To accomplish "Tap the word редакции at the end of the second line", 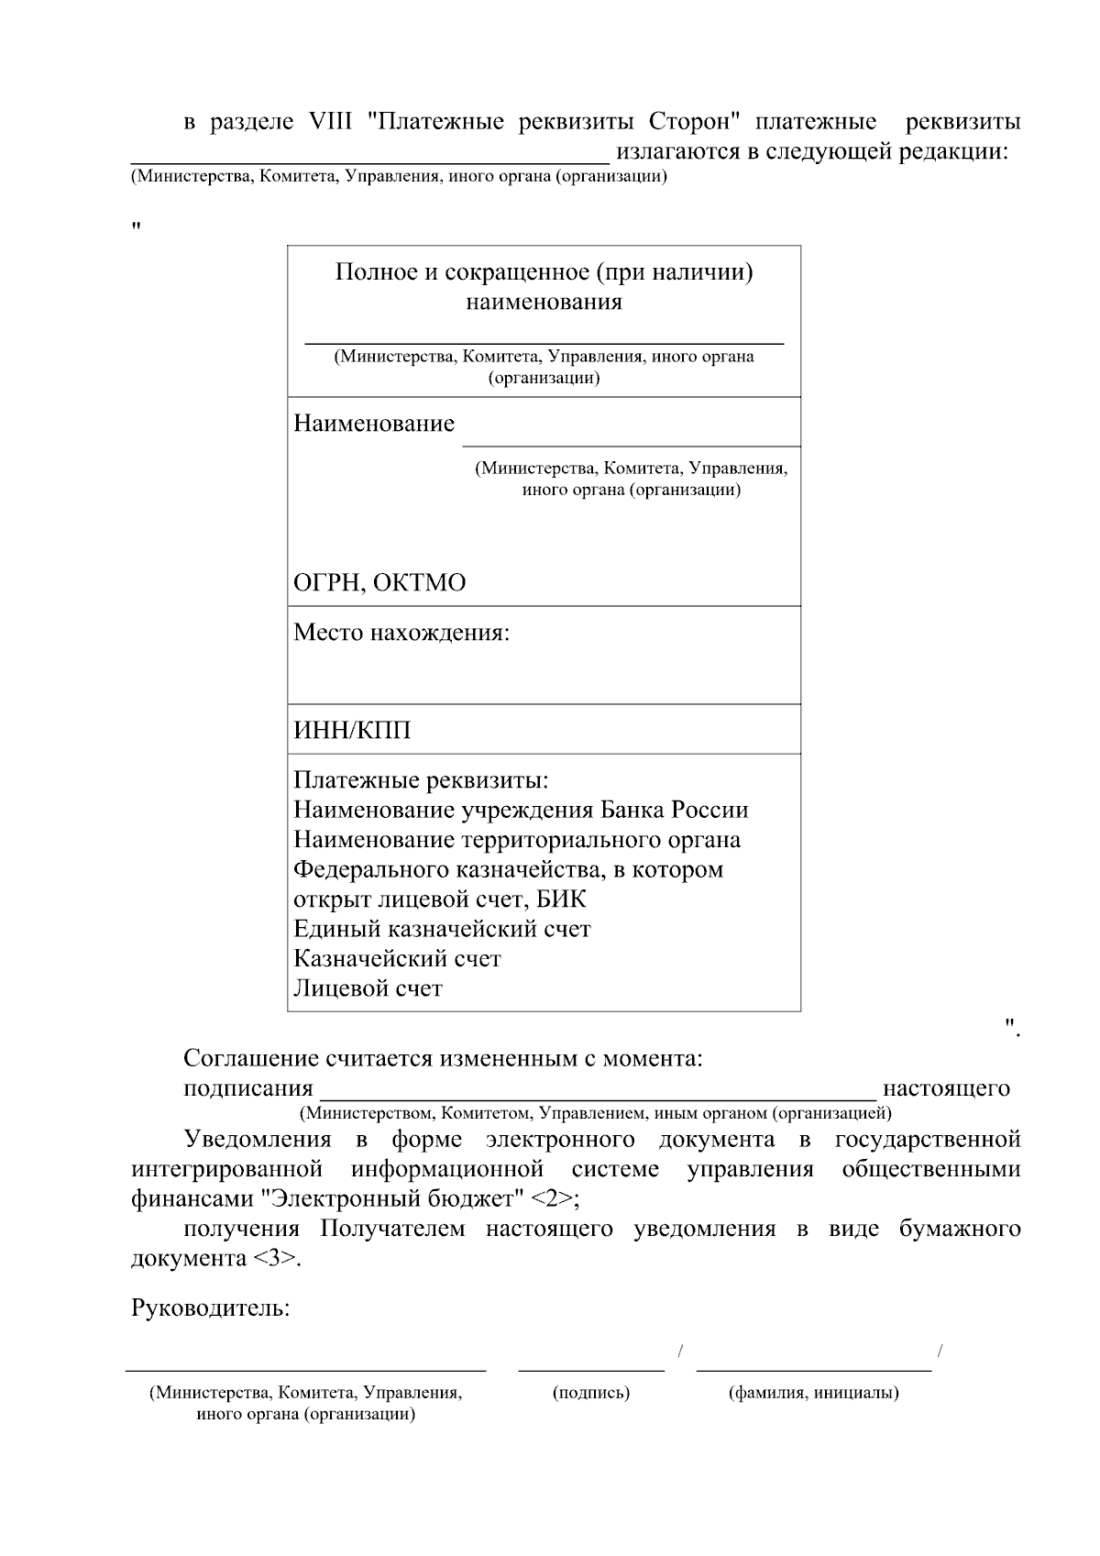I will (x=953, y=151).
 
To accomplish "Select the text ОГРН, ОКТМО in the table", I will (x=379, y=583).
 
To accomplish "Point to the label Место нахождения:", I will (x=401, y=633).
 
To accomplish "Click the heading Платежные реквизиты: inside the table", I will (x=421, y=780).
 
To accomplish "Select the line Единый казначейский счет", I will (x=442, y=929).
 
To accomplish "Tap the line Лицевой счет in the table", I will (x=368, y=988).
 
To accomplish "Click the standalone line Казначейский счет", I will (x=397, y=959).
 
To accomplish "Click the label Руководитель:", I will (x=211, y=1308).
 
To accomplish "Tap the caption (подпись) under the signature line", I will (x=591, y=1394).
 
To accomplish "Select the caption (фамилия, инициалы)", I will (x=813, y=1394).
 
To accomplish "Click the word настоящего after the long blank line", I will (x=946, y=1088).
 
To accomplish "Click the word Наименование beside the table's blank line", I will (x=373, y=424).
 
